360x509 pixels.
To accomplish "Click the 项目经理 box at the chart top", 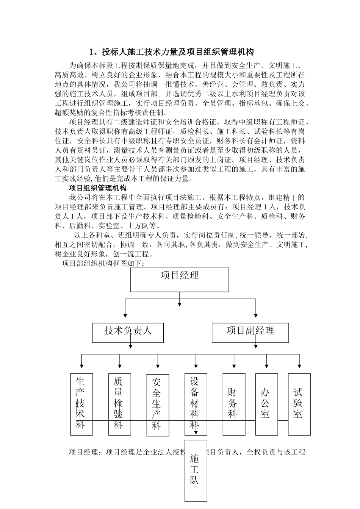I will tap(179, 279).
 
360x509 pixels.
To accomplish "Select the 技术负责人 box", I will tap(128, 332).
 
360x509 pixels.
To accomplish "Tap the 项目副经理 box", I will tap(250, 332).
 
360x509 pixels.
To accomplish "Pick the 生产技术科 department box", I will tap(81, 404).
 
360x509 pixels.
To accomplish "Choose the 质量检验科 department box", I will tap(119, 404).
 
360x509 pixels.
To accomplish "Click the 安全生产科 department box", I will tap(158, 405).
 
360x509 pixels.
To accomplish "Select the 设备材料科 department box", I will tap(196, 404).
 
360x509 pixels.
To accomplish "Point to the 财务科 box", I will tap(233, 404).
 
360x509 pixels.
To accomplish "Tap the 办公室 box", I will tap(266, 404).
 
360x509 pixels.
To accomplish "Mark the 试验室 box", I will tap(299, 404).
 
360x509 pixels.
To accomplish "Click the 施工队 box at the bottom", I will tap(196, 470).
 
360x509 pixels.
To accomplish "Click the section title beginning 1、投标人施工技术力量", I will tap(171, 52).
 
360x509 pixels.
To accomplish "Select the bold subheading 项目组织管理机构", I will tap(98, 188).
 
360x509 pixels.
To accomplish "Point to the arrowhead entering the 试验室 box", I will tap(299, 366).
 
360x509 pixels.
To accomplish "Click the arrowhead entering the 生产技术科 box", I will tap(81, 366).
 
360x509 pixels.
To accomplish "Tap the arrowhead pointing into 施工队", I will tap(196, 432).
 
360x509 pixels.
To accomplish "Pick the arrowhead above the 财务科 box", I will tap(234, 366).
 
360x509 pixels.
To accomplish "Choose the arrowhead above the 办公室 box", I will tap(266, 366).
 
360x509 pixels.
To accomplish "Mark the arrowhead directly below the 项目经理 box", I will tap(179, 303).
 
